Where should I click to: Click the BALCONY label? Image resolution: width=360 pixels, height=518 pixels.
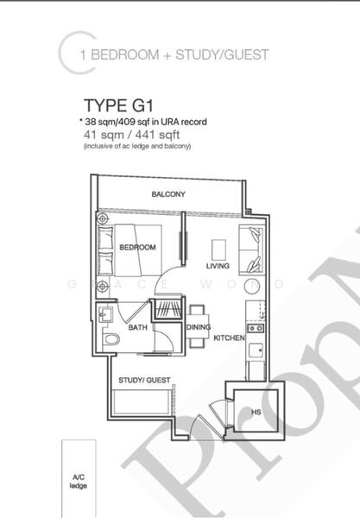tap(168, 194)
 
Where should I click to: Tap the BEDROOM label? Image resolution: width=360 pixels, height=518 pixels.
tap(137, 248)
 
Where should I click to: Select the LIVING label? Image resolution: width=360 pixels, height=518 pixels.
tap(218, 266)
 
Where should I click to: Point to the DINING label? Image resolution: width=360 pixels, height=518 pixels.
tap(199, 327)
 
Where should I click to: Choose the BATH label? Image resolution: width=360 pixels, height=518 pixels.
tap(138, 328)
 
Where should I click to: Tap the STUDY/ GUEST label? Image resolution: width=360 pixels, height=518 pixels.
tap(144, 380)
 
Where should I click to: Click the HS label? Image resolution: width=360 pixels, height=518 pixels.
tap(256, 413)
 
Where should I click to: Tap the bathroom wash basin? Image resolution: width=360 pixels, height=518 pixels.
tap(107, 314)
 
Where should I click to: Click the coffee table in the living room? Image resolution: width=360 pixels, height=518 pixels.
tap(218, 244)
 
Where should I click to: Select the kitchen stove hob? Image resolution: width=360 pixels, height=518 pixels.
tap(255, 328)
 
